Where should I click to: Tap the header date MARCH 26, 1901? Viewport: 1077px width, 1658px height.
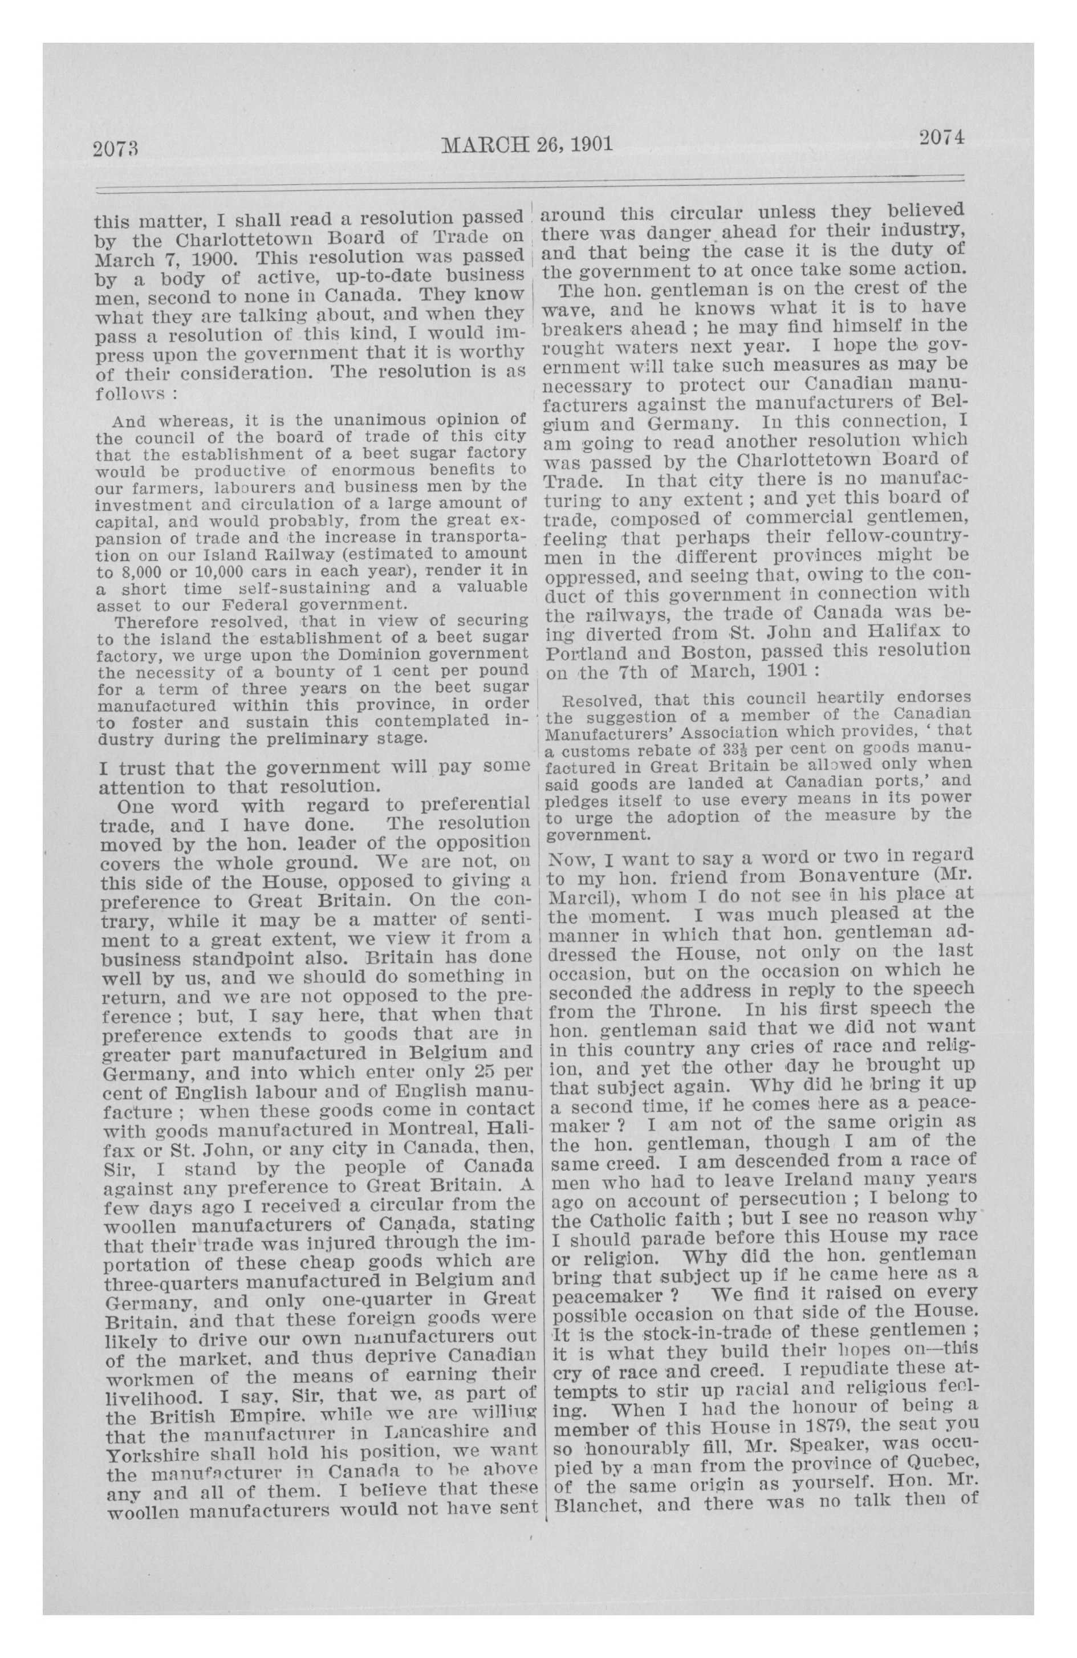pyautogui.click(x=527, y=144)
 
